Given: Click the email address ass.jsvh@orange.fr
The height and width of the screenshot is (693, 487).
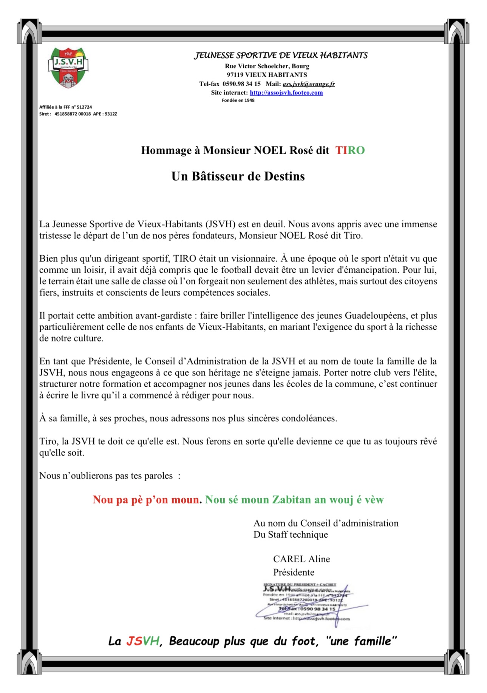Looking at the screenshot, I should click(x=309, y=84).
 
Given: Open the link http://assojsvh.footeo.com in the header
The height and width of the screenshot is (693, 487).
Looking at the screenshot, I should click(x=286, y=93).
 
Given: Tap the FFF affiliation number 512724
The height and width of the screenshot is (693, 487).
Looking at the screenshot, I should click(x=84, y=107).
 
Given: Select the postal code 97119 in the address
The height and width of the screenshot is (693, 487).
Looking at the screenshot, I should click(x=235, y=75).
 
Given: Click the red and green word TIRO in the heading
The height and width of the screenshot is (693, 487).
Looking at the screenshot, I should click(x=350, y=150).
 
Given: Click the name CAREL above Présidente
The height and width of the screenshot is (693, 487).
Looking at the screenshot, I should click(x=289, y=559).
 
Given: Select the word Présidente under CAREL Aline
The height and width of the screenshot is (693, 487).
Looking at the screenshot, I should click(x=294, y=572).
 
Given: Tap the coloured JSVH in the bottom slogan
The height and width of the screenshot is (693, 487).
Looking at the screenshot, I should click(x=142, y=641).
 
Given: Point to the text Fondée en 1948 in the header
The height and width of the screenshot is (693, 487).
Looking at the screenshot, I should click(x=238, y=100).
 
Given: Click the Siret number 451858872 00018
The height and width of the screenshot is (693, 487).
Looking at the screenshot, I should click(x=73, y=114).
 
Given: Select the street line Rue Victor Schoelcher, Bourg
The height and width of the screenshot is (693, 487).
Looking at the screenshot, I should click(x=267, y=66).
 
